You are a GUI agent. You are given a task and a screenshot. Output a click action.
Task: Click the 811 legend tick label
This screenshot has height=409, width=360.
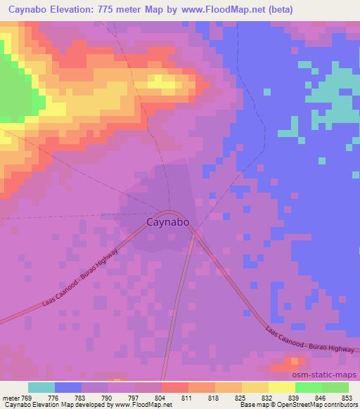click(x=186, y=398)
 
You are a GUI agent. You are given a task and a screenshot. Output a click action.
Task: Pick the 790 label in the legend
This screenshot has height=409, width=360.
click(x=105, y=398)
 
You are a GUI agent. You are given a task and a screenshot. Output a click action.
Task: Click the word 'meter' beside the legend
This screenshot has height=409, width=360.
click(x=12, y=398)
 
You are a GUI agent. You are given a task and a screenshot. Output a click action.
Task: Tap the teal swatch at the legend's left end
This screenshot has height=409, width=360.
click(x=41, y=387)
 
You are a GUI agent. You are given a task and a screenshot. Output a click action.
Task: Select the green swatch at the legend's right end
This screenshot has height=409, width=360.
click(x=335, y=387)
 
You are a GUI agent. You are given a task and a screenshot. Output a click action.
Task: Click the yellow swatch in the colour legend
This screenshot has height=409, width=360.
click(x=282, y=387)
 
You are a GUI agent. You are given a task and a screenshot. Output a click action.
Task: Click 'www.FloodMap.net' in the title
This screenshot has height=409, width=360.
click(x=223, y=10)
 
